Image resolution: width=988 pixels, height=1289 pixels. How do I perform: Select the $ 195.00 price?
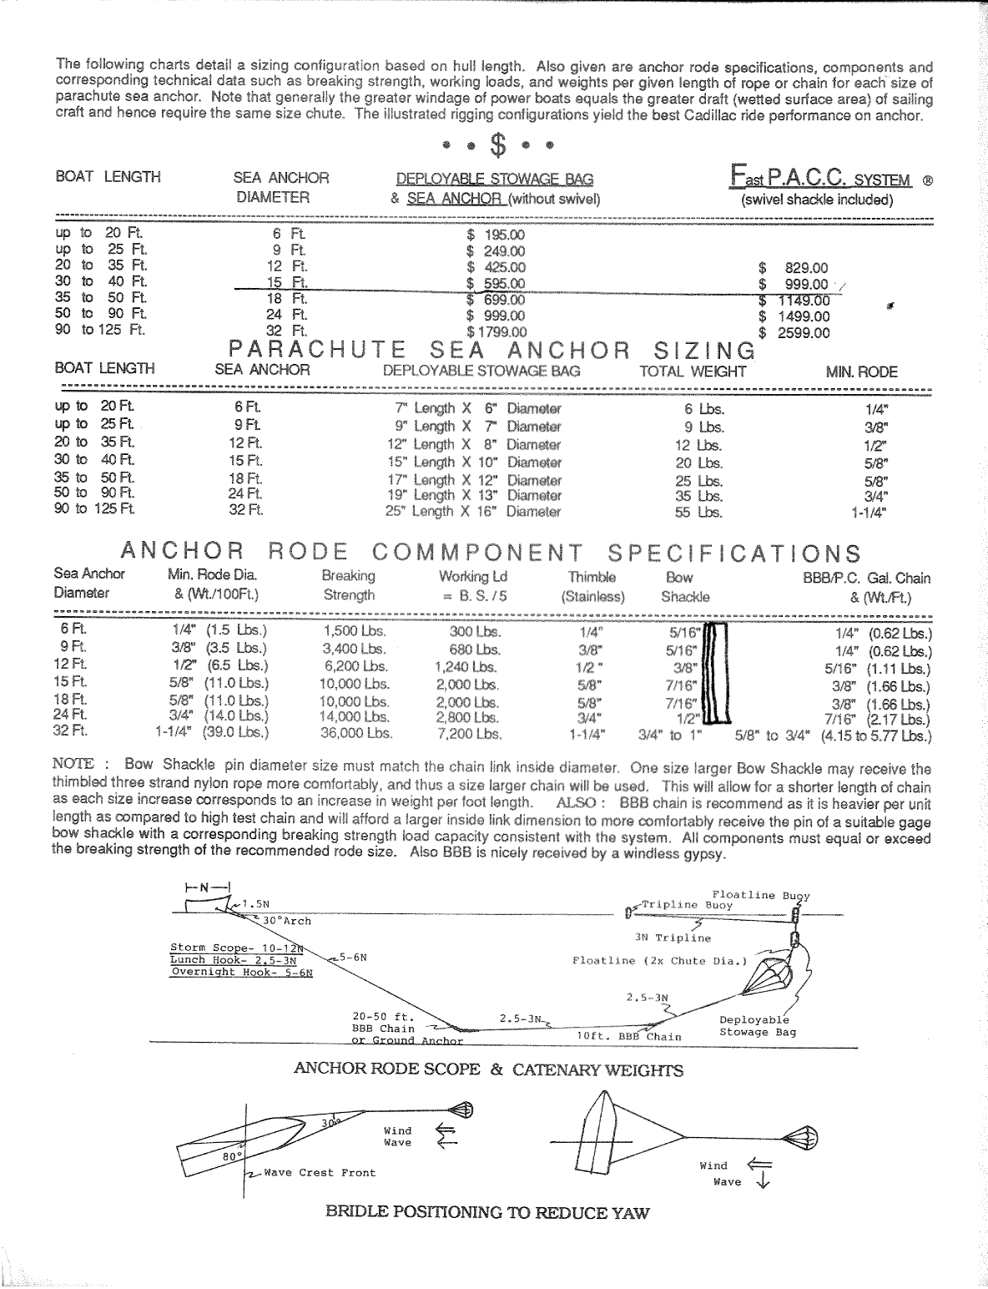click(x=496, y=235)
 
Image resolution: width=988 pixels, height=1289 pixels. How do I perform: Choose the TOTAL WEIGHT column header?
click(x=693, y=372)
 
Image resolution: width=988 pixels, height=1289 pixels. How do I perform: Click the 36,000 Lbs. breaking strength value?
click(x=356, y=735)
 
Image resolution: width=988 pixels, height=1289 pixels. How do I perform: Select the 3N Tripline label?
click(x=673, y=938)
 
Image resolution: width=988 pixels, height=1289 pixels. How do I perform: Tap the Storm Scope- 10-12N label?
click(x=236, y=948)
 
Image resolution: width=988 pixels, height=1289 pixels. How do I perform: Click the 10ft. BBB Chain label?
click(x=629, y=1037)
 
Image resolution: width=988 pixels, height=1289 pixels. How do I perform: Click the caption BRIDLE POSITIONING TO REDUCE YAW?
click(x=487, y=1213)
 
